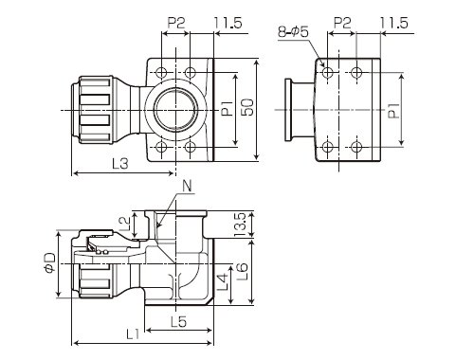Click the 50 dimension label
pos(249,107)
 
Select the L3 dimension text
pos(120,164)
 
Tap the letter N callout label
pos(188,186)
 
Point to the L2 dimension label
pos(125,224)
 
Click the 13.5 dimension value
pos(241,225)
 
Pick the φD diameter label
pos(49,262)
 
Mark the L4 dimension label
pos(223,282)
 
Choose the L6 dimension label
pos(243,272)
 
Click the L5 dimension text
pos(178,322)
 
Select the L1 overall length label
pos(133,333)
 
